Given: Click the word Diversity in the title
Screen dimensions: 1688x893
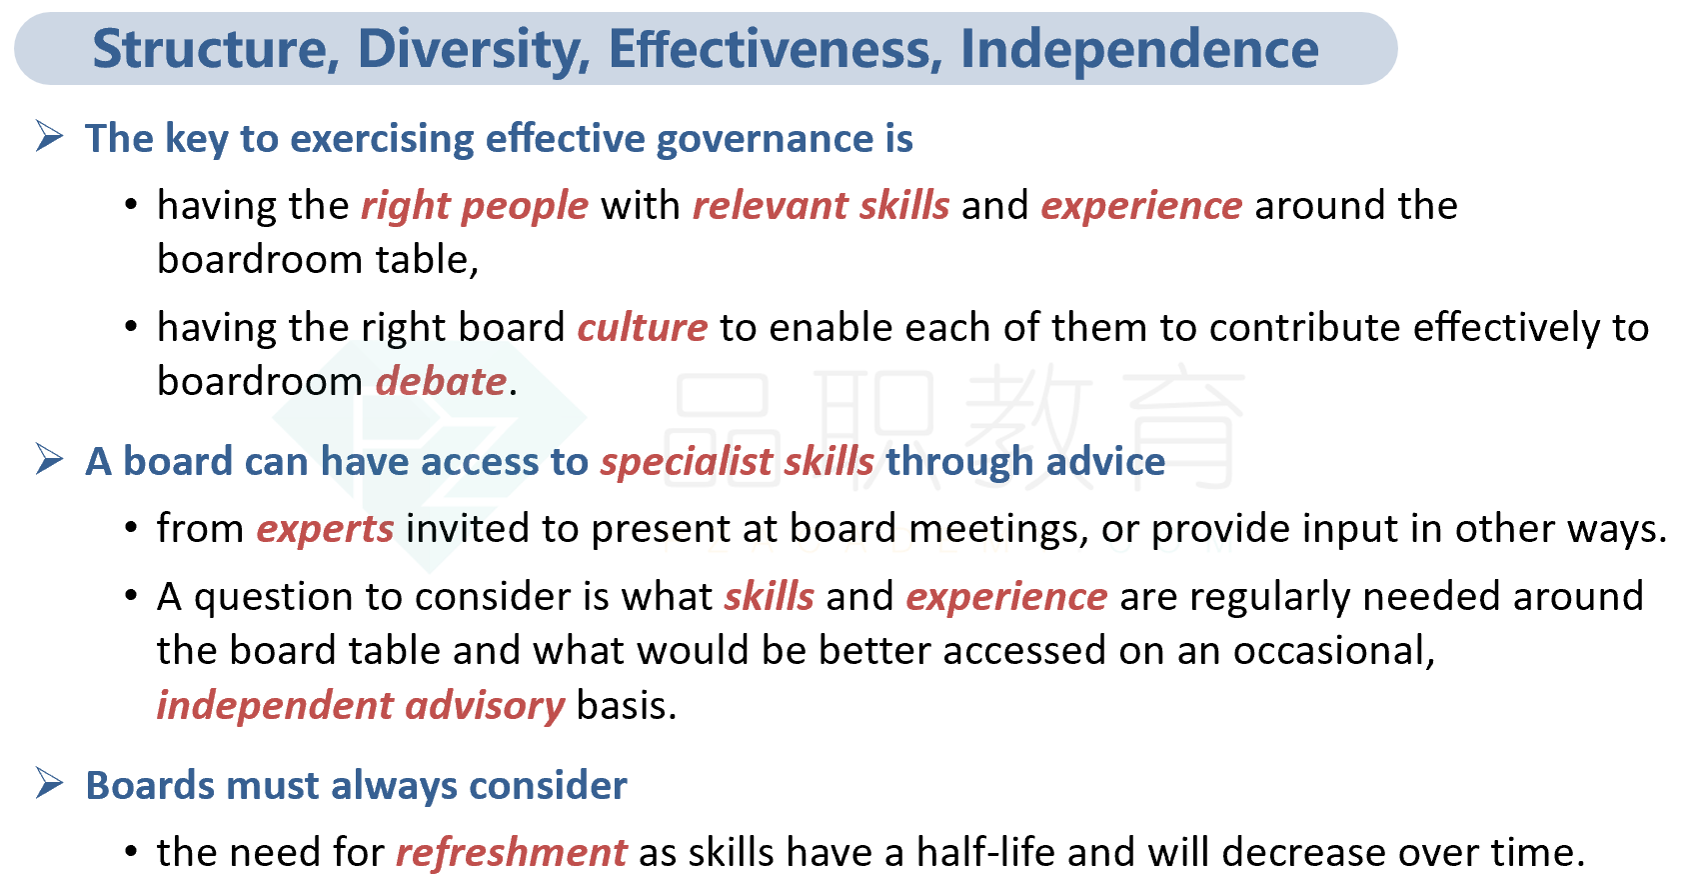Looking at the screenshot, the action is point(473,50).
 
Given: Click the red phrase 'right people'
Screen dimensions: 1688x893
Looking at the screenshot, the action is point(475,207).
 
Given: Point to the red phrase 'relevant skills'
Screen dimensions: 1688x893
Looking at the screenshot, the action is point(822,205).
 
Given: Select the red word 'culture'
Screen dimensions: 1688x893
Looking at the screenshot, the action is point(643,329).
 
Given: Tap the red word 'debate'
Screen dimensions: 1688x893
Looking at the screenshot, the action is point(442,381).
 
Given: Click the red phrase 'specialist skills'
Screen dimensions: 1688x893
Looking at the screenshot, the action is point(737,462).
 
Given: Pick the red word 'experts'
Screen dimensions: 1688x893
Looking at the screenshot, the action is point(326,529).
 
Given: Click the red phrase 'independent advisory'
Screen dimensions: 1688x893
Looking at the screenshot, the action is point(360,707).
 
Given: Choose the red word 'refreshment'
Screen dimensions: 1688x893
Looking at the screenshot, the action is point(511,853).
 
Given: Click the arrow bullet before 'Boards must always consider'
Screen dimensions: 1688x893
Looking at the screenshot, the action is point(50,784).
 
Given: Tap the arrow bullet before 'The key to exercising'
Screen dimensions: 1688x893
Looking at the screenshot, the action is point(50,137).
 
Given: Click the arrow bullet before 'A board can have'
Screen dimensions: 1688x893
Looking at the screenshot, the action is point(50,459).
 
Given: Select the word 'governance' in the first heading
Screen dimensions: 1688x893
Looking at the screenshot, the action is point(760,140).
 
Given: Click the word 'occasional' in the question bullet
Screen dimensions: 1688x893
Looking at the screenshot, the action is point(1334,651).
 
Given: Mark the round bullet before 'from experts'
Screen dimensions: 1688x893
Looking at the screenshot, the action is point(131,528).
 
